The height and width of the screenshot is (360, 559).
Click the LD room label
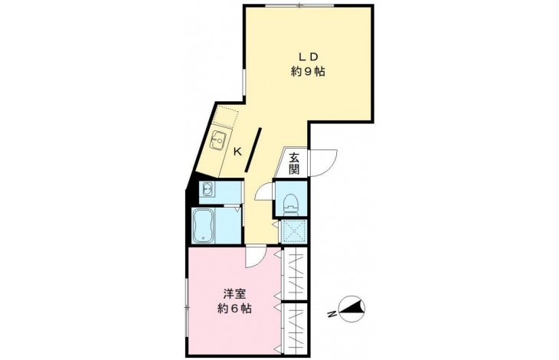tap(308, 57)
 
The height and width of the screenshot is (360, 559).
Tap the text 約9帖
tap(308, 72)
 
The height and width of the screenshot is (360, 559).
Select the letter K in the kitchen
tap(237, 152)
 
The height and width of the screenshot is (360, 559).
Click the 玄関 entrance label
tap(294, 163)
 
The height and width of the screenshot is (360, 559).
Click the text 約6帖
tap(234, 309)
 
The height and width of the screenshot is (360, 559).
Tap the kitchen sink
tap(217, 140)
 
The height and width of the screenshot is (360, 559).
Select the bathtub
tap(203, 226)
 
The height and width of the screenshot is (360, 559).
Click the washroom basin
tap(207, 188)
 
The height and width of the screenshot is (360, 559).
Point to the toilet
tap(291, 205)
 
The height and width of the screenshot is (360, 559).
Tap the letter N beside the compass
tap(332, 314)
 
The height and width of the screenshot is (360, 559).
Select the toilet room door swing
tap(264, 192)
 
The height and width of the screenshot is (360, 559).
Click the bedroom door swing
tap(255, 257)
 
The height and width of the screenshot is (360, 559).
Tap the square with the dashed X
tap(294, 231)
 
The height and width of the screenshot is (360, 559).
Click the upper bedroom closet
tap(295, 273)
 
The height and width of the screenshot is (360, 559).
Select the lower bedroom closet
tap(295, 329)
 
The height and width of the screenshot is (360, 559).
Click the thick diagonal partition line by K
tap(253, 150)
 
